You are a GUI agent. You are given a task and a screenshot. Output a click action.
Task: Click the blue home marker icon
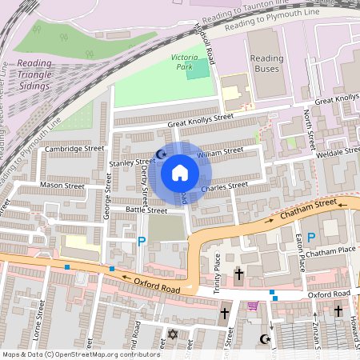[180, 173]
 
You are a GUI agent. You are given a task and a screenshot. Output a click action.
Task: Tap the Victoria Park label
[189, 62]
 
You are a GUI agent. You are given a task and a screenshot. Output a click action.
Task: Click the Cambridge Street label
[74, 148]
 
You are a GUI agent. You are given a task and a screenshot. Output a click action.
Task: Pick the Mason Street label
[62, 186]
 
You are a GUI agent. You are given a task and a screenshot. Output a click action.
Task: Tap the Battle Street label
[146, 210]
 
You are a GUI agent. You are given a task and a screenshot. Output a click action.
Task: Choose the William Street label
[220, 151]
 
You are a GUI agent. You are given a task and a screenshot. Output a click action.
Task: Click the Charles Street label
[225, 188]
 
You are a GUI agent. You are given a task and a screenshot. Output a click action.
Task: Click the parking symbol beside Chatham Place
[312, 237]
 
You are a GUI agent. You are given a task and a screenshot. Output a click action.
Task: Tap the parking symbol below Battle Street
[142, 241]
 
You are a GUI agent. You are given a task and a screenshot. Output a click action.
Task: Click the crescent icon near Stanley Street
[160, 154]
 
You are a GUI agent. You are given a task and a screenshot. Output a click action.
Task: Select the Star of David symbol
[170, 333]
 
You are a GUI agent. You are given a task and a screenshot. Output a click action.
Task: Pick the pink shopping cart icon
[253, 306]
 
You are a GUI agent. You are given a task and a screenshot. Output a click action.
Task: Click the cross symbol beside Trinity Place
[238, 275]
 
